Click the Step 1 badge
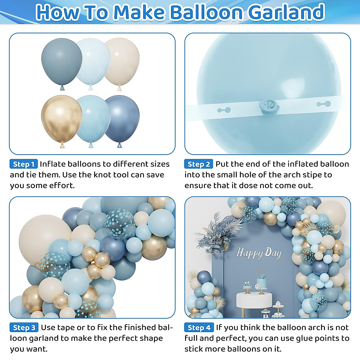tap(24, 164)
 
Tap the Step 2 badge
tap(199, 164)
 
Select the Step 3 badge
tap(24, 328)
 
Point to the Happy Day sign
tap(259, 253)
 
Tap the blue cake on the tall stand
tap(262, 282)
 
